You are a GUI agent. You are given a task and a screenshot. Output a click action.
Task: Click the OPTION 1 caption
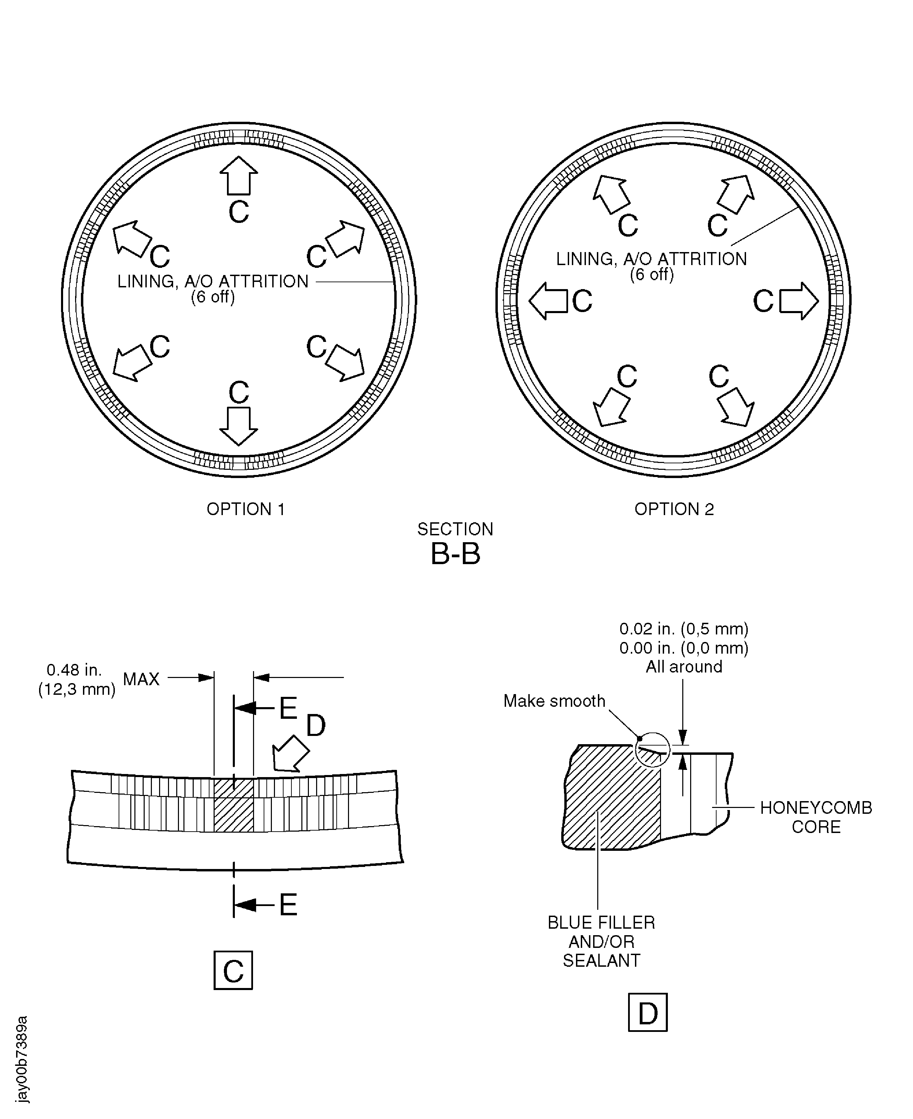(x=245, y=509)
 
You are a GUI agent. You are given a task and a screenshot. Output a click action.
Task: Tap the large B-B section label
(x=455, y=553)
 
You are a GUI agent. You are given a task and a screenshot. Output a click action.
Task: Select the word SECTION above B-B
(x=455, y=529)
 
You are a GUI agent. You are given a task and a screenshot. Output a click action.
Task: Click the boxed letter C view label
(x=233, y=971)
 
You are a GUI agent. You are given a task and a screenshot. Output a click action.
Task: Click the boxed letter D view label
(x=648, y=1013)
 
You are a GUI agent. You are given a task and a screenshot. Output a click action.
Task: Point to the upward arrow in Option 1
(x=239, y=176)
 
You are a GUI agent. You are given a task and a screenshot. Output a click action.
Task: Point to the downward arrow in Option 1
(x=239, y=426)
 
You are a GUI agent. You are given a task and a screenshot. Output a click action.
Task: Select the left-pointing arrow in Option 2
(x=548, y=301)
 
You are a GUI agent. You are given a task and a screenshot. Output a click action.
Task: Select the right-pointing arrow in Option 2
(x=799, y=301)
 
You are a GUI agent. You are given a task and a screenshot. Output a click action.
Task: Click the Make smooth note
(x=554, y=701)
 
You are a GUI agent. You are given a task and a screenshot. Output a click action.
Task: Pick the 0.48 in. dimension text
(x=74, y=670)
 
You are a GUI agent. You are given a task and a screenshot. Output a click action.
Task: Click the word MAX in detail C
(x=141, y=679)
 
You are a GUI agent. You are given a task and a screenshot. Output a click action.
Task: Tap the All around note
(x=684, y=667)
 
